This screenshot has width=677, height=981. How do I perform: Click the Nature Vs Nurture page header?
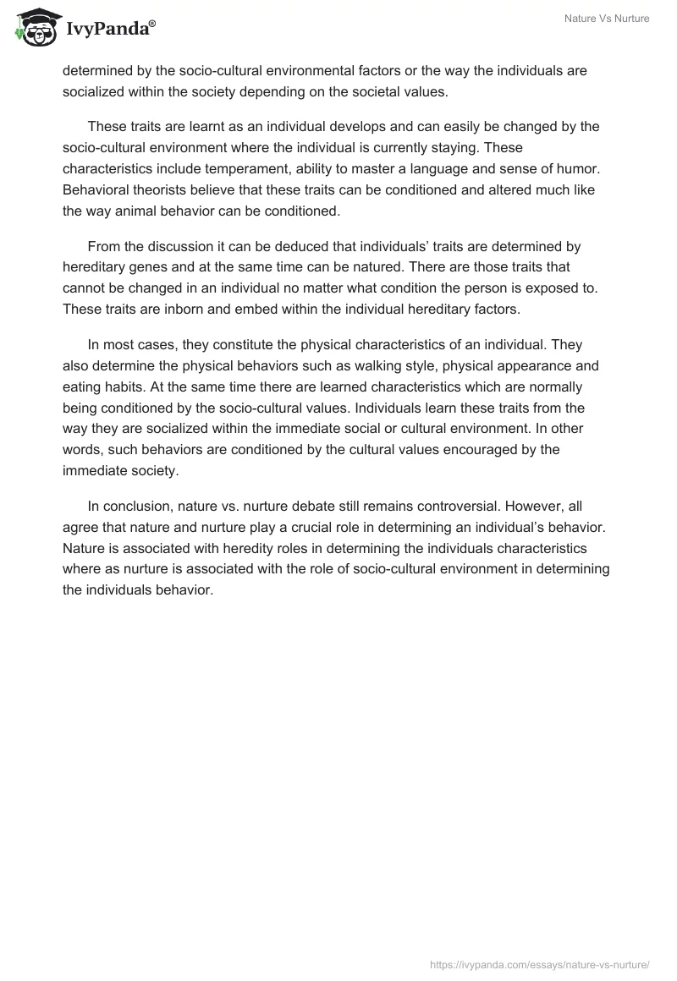[607, 19]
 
